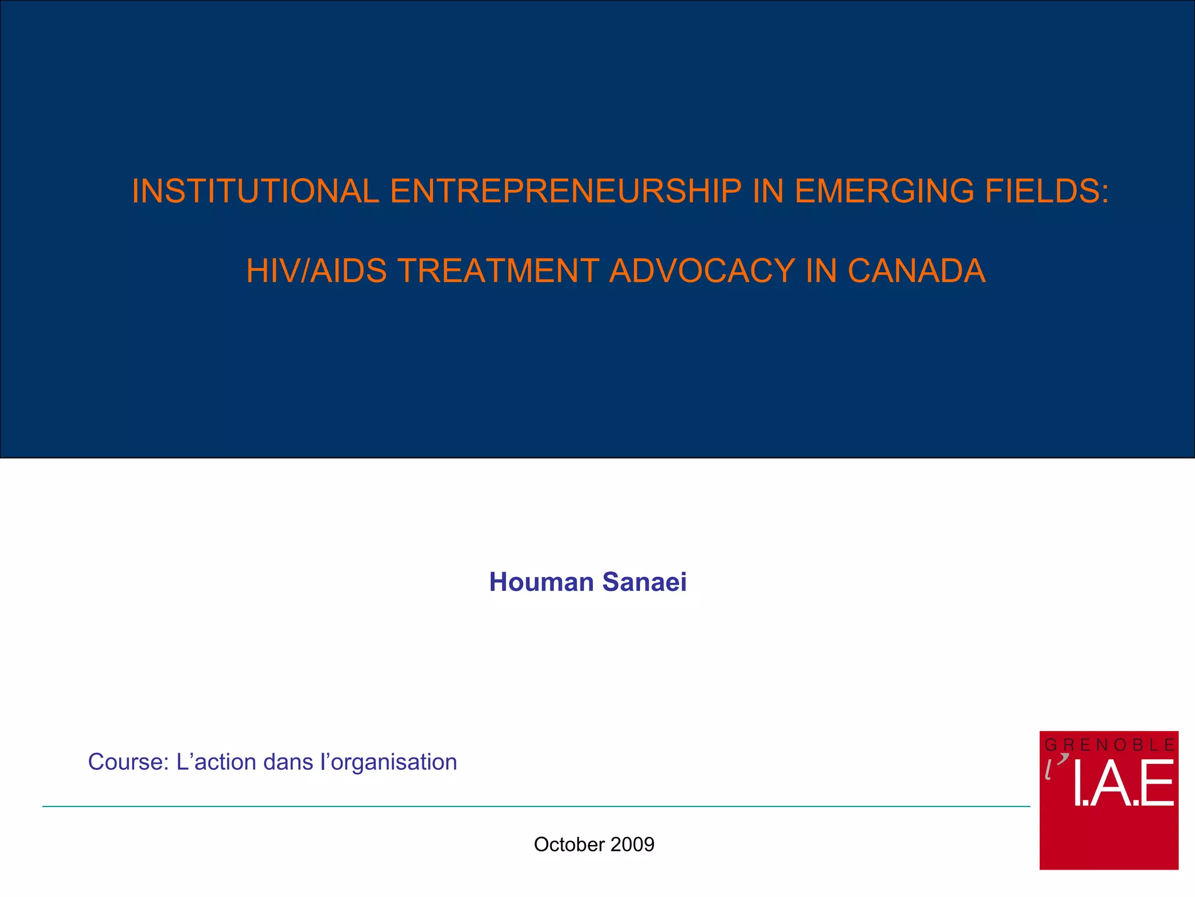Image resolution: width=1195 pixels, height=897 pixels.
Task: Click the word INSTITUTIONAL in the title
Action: [x=256, y=191]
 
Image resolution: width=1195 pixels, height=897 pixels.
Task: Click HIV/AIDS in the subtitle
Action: [x=316, y=271]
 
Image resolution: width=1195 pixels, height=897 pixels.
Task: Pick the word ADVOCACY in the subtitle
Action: [x=701, y=271]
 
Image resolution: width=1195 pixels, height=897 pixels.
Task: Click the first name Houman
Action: [x=541, y=582]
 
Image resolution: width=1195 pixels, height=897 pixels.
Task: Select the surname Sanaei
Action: [x=644, y=582]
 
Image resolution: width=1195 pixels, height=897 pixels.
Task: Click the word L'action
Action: [x=216, y=762]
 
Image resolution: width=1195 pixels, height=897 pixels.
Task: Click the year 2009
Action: [x=633, y=844]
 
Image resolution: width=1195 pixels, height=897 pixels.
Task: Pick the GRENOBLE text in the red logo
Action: [x=1109, y=745]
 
